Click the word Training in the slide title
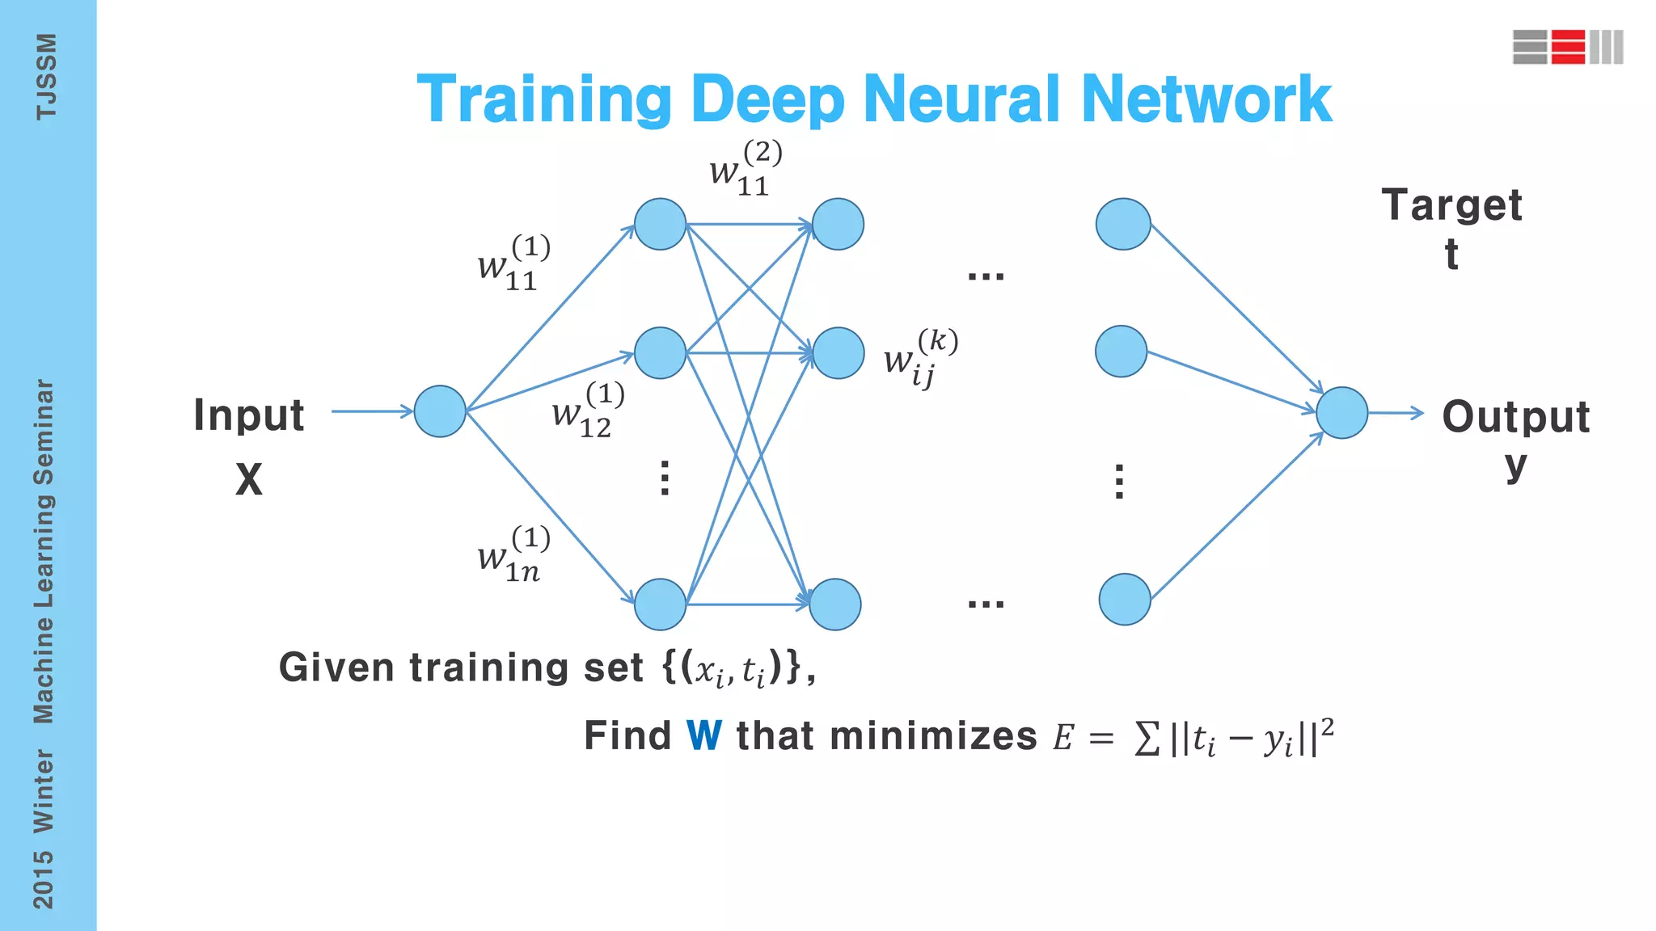[543, 100]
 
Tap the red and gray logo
[1567, 47]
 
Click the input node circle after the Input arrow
[440, 411]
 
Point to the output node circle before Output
[1341, 413]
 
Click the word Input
[249, 416]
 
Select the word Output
[1516, 418]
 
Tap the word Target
[1451, 205]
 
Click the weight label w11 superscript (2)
[745, 168]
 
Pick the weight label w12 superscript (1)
[587, 411]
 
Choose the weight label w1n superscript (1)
[513, 554]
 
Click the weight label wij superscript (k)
[920, 358]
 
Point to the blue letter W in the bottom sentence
[703, 735]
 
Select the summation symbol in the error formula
[1147, 738]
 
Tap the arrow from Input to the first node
[372, 411]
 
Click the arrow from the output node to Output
[1396, 413]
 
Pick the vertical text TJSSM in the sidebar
[46, 77]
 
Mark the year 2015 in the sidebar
[44, 879]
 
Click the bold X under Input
[249, 479]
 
